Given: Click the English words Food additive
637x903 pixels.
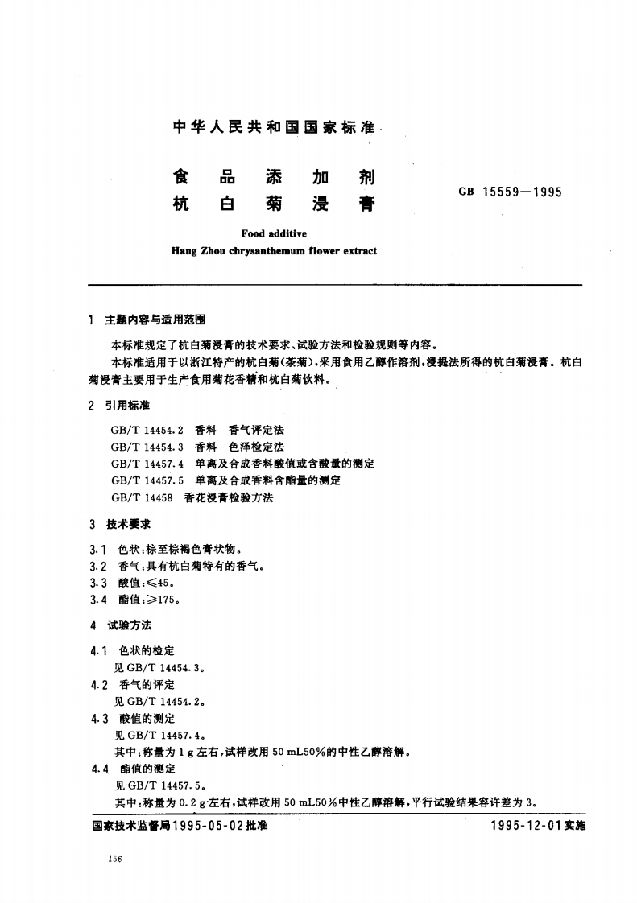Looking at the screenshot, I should (x=274, y=233).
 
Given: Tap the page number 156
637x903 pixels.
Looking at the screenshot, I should (x=114, y=860).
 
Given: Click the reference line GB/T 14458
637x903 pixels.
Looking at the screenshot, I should (x=141, y=497).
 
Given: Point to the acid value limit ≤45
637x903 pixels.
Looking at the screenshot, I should (x=159, y=582).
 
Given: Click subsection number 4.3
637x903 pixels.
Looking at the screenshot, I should (x=100, y=717).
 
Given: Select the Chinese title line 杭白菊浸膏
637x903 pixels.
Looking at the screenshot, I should (x=274, y=204).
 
